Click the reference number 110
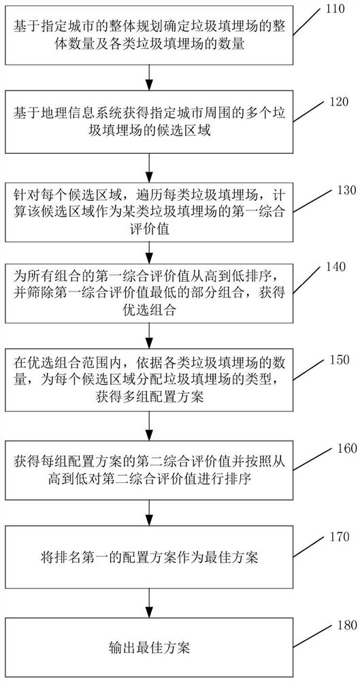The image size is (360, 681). coord(336,9)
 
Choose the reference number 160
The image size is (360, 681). coord(339,448)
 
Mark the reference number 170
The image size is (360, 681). coord(340,537)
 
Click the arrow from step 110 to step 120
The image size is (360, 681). coord(149,78)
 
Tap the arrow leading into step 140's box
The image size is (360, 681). coord(149,253)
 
